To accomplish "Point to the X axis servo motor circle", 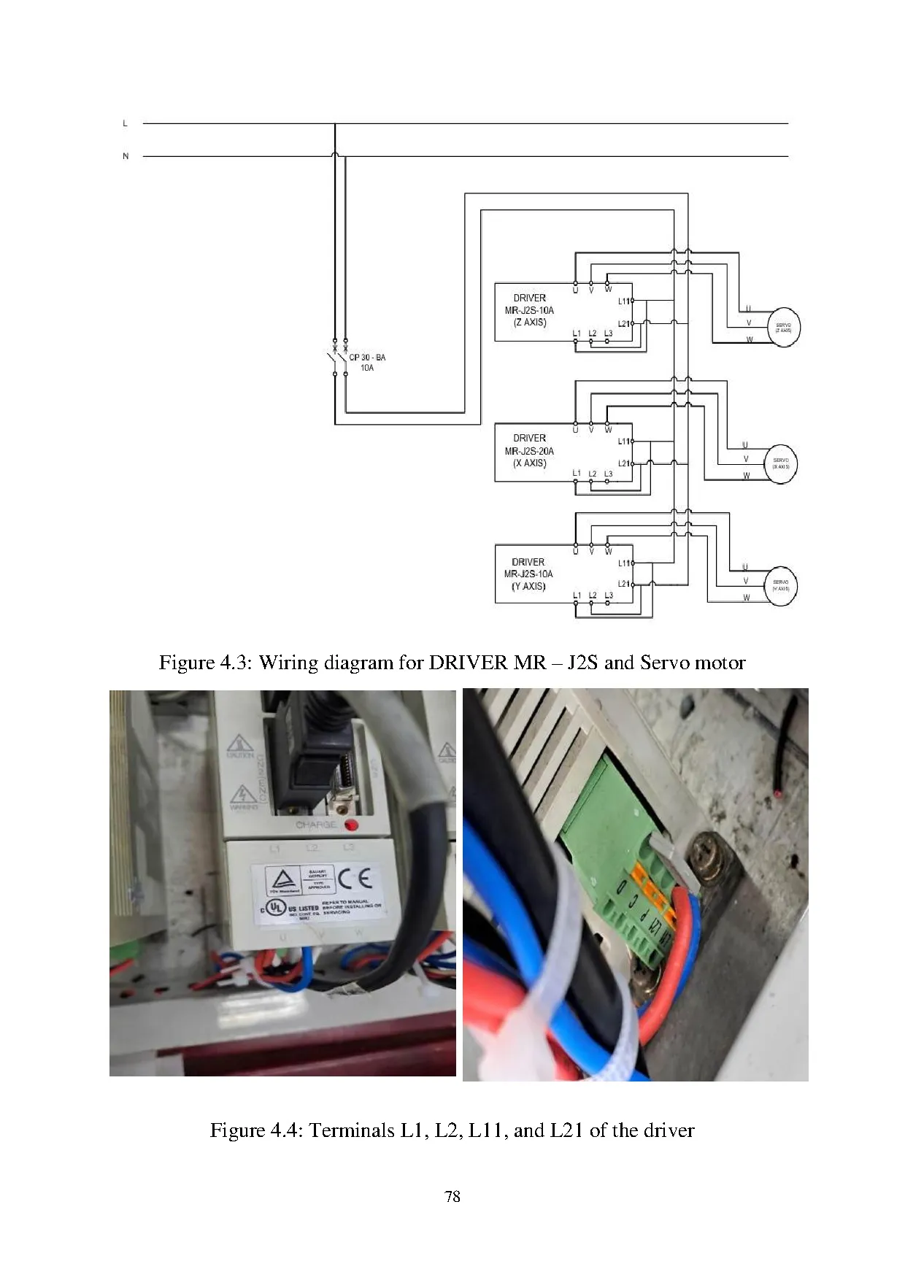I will coord(780,463).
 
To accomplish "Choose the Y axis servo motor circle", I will coord(780,585).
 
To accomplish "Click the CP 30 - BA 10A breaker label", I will coord(367,363).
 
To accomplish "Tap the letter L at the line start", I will coord(126,123).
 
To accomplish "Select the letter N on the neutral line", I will coord(126,156).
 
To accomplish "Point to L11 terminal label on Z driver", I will coord(623,301).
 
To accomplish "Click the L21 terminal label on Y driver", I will coord(623,584).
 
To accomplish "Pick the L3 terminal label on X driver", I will coord(608,474).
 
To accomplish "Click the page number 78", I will coord(452,1196).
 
